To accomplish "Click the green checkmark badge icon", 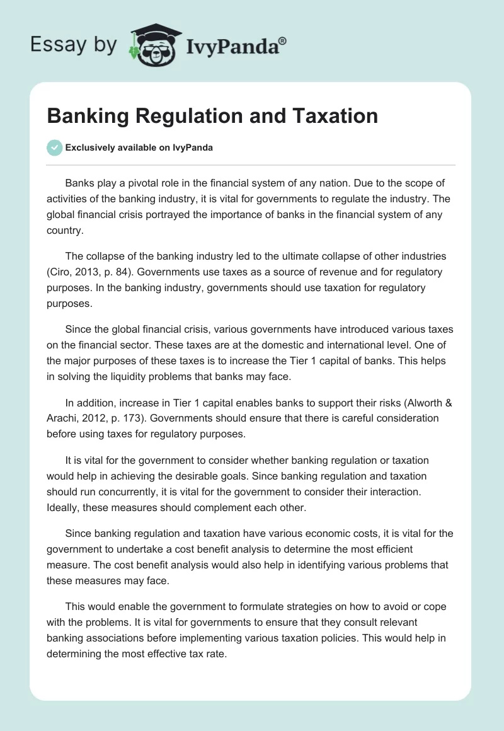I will pos(54,147).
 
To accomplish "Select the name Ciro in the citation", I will pos(61,272).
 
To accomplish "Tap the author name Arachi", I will pos(63,417).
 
